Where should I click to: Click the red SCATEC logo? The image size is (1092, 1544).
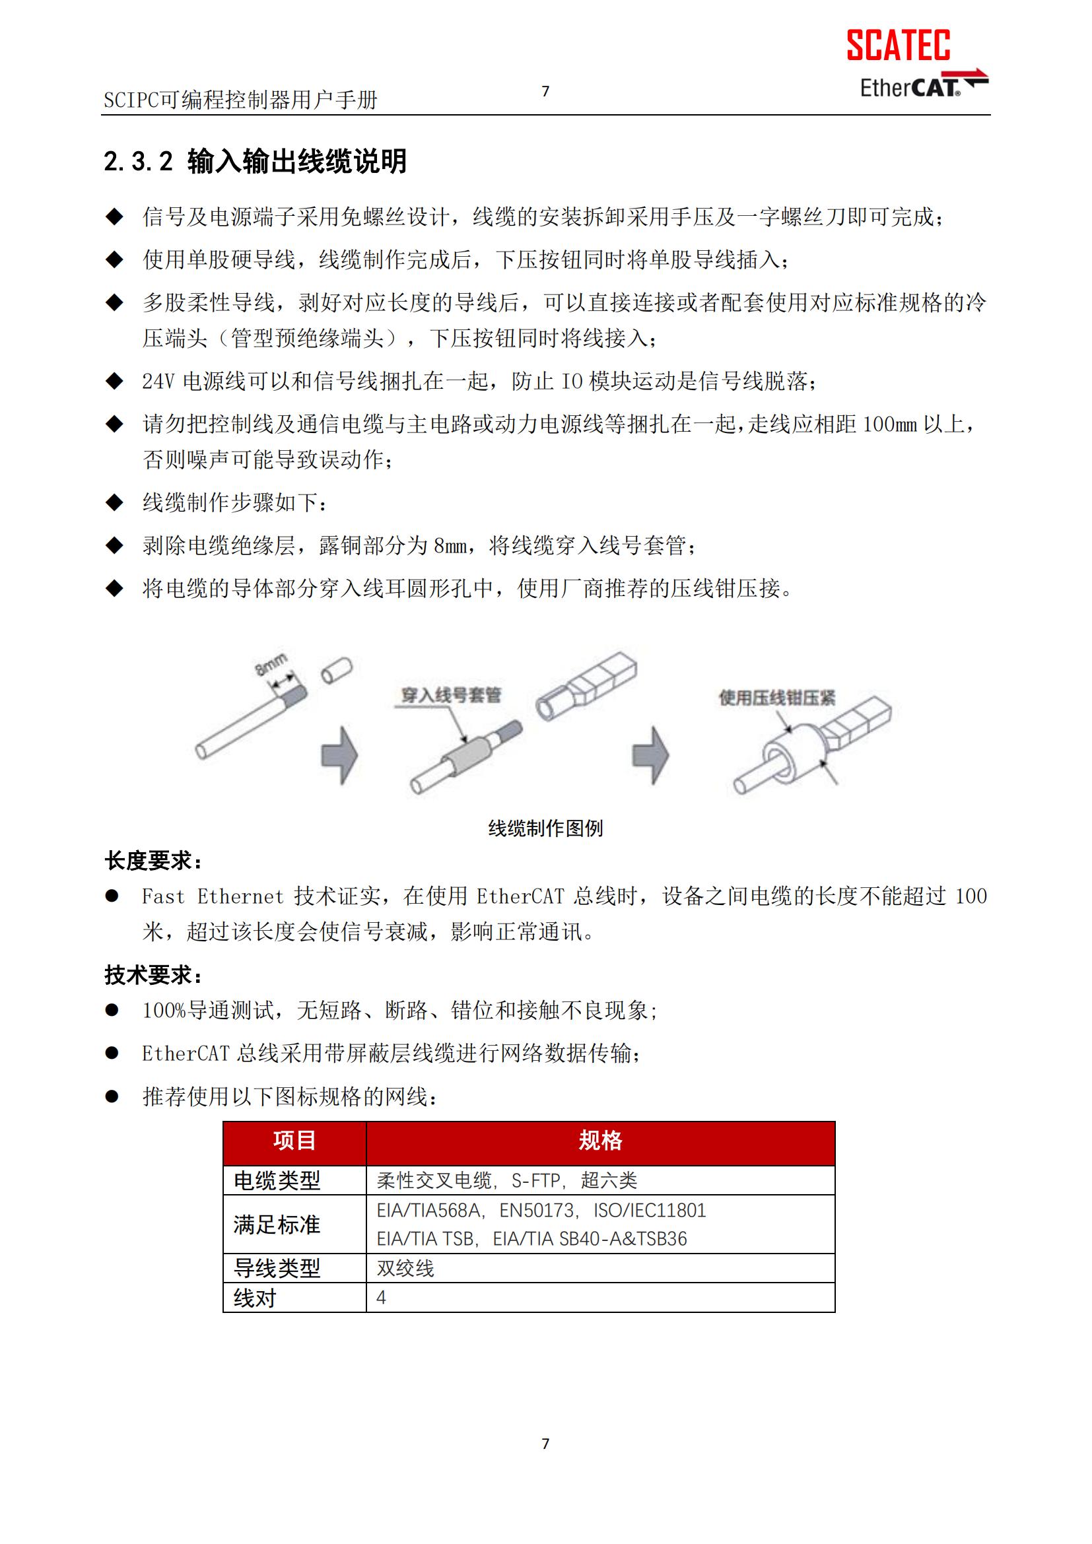(x=898, y=45)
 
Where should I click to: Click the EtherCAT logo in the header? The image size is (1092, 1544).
(x=922, y=86)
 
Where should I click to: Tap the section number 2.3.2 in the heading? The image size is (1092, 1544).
(x=138, y=161)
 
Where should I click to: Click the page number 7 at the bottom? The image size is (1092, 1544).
(x=545, y=1443)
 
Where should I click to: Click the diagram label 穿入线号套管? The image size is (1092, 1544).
(x=450, y=695)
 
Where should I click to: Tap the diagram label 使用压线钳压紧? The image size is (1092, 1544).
(x=776, y=697)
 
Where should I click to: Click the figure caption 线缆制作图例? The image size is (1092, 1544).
(x=545, y=828)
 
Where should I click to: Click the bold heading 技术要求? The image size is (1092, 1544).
(x=153, y=974)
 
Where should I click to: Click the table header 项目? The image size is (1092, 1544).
(x=294, y=1140)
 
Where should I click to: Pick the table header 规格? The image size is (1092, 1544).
(x=600, y=1140)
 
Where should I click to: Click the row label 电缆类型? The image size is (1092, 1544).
(x=277, y=1180)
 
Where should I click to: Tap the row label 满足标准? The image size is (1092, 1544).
(x=277, y=1224)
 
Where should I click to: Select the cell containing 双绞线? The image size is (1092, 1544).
(x=405, y=1268)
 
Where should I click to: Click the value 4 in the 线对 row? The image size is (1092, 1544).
(x=381, y=1297)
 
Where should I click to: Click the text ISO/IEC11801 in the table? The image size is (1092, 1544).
(x=650, y=1211)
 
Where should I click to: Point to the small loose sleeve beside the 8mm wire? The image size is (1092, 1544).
(x=336, y=671)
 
